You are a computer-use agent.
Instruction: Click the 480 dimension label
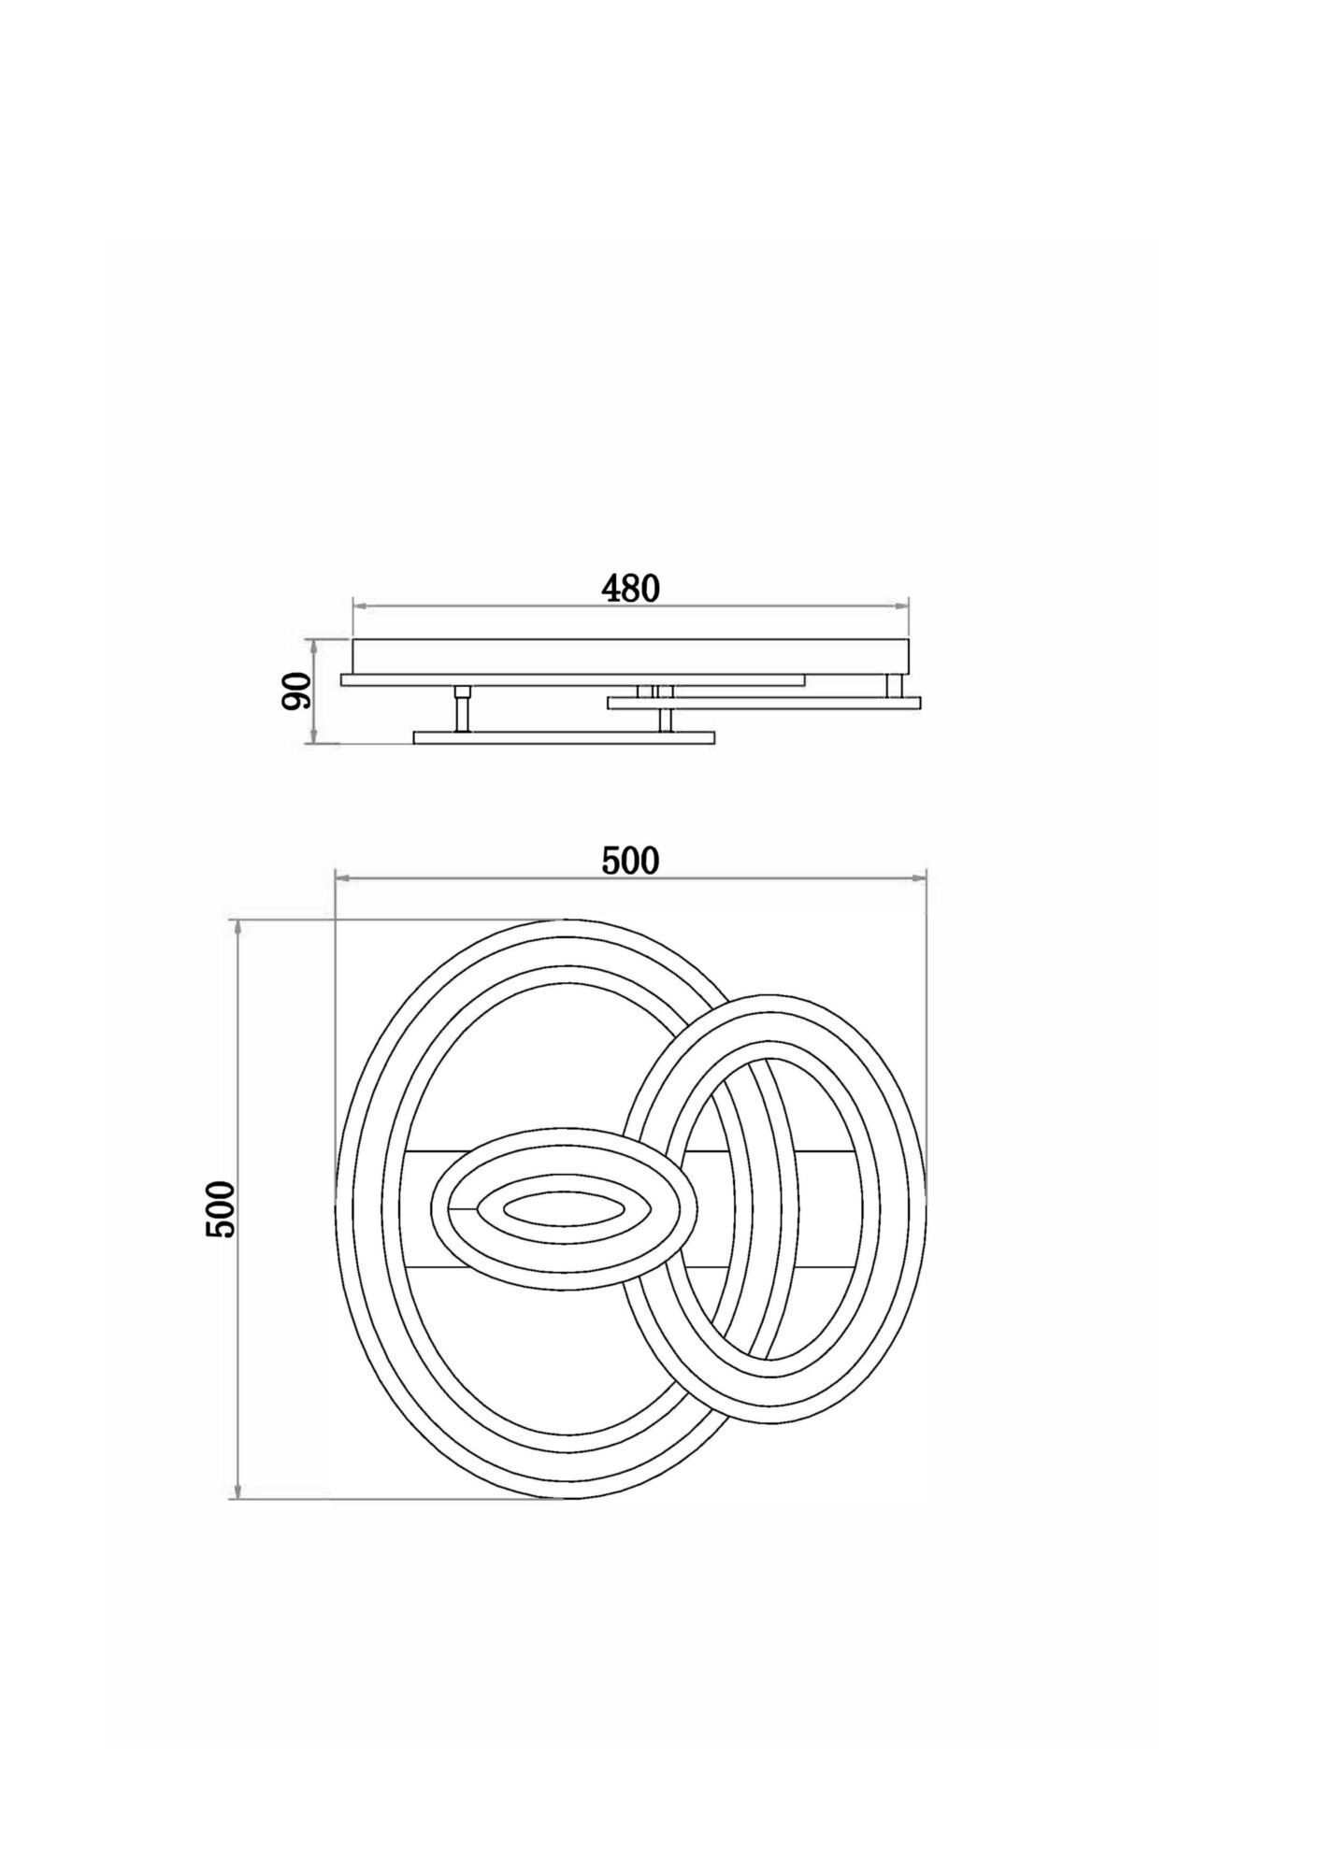point(630,589)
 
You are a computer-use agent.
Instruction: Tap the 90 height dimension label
point(296,692)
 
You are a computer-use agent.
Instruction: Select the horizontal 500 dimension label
point(630,861)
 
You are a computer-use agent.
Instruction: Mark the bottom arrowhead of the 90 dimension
point(316,736)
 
